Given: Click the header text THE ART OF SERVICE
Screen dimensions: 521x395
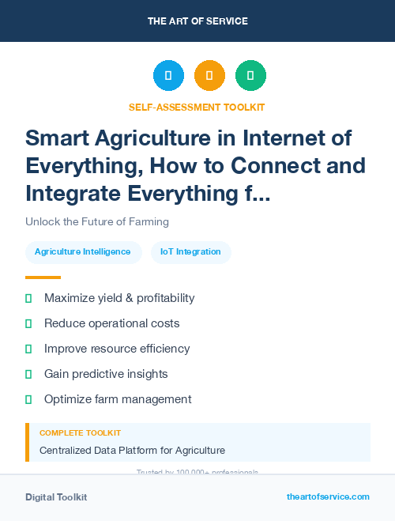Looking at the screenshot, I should pos(197,21).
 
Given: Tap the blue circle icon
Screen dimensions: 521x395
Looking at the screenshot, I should pos(168,75).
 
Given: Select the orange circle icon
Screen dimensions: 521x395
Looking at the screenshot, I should pos(209,75).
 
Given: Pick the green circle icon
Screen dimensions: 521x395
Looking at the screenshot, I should pos(250,75).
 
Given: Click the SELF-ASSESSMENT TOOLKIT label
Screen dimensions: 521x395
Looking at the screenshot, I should pos(197,107).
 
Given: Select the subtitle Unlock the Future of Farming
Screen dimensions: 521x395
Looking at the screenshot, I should pos(97,221).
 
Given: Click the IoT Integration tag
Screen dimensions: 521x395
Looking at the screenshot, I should pos(190,252).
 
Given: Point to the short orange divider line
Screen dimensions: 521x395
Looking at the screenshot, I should pos(43,277).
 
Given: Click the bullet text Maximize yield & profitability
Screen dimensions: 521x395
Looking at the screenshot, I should pos(119,298).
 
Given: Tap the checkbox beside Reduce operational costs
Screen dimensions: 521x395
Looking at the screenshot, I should pos(28,323).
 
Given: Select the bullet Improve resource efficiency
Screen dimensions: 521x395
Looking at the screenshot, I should pos(117,349).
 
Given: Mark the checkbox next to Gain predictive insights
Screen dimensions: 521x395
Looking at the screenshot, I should pos(28,374).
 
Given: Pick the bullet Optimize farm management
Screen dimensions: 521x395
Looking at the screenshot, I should pos(118,399).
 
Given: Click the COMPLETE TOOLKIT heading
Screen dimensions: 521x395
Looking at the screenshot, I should pos(81,433).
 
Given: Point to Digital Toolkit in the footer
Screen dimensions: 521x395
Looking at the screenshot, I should pos(56,497).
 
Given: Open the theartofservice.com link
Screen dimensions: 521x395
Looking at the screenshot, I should pos(328,496).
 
